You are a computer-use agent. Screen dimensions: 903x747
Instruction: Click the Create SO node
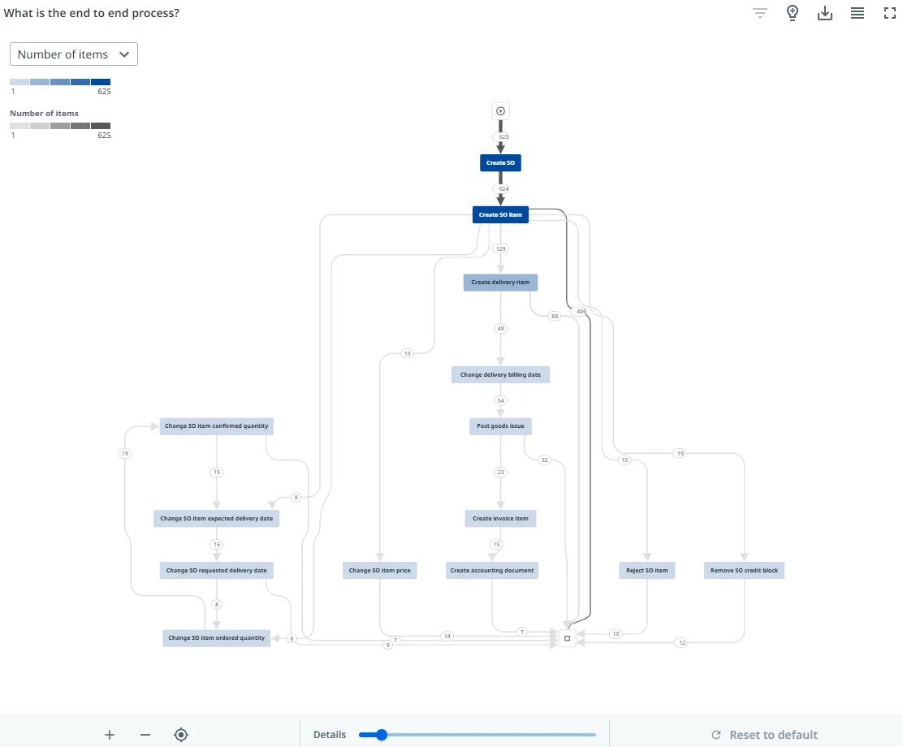coord(500,163)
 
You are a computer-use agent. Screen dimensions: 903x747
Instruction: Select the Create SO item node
coord(500,215)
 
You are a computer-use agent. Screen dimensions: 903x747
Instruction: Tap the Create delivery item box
coord(500,283)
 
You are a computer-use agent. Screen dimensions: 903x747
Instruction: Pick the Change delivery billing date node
coord(500,375)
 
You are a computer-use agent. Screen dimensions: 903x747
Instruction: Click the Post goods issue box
coord(500,426)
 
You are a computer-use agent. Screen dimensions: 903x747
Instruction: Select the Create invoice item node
coord(500,518)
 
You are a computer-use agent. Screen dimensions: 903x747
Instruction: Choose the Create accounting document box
coord(492,571)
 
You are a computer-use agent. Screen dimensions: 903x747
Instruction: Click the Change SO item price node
coord(379,571)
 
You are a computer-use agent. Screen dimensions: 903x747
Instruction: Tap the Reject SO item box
coord(647,571)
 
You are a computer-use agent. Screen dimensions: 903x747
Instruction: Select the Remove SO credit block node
coord(744,571)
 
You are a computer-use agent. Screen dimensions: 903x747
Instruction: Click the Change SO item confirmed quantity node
coord(217,426)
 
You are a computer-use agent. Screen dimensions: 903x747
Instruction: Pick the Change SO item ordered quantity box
coord(217,638)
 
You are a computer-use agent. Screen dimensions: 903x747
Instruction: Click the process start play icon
coord(500,111)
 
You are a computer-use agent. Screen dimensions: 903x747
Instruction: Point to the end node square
coord(568,638)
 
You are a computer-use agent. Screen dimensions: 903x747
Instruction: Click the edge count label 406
coord(581,312)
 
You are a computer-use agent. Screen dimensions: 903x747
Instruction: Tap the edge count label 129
coord(500,248)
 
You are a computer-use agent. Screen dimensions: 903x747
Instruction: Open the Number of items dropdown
coord(74,54)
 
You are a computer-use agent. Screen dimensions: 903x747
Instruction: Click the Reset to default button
coord(764,735)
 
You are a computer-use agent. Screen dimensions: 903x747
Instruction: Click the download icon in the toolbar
coord(825,13)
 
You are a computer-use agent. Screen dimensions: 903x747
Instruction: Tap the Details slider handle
coord(381,735)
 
